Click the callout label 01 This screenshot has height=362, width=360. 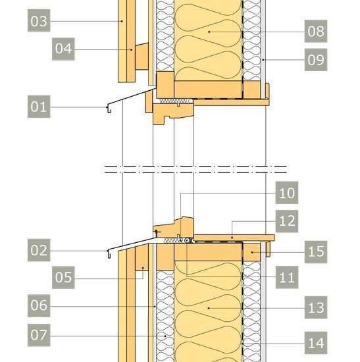[x=39, y=107]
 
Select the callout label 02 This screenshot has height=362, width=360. [x=39, y=250]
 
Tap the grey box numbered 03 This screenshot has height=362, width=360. [x=39, y=20]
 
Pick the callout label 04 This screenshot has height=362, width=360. [x=63, y=49]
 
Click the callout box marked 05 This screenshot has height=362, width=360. [x=63, y=277]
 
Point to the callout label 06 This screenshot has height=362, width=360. [x=39, y=305]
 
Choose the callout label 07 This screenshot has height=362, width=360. [x=39, y=335]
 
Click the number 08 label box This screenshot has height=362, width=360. [x=316, y=31]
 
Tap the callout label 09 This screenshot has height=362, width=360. [x=316, y=59]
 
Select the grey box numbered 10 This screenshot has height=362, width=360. [x=287, y=193]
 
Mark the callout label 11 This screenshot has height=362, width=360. [x=287, y=277]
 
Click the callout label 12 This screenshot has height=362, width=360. [x=287, y=221]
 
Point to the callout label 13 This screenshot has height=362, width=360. [x=316, y=307]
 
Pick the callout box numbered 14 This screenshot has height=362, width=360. [x=316, y=343]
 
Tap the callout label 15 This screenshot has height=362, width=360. [x=316, y=252]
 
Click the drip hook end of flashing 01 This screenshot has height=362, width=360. [x=109, y=110]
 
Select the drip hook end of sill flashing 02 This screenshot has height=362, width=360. [x=109, y=254]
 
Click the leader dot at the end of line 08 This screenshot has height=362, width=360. [x=209, y=32]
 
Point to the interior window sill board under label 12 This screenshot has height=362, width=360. [x=234, y=238]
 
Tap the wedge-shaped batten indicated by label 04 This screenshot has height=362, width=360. [x=141, y=56]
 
